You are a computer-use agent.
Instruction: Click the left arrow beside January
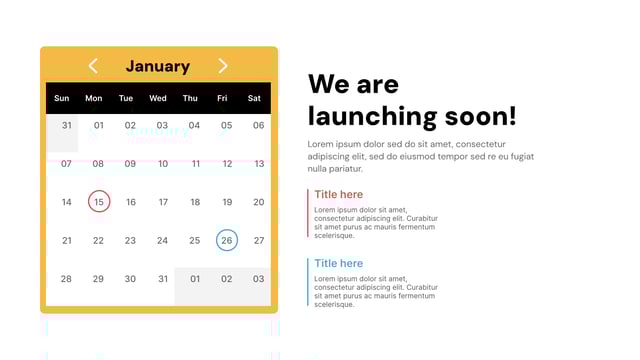tap(93, 66)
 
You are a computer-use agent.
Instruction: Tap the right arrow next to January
tap(223, 66)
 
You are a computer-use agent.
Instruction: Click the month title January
tap(158, 66)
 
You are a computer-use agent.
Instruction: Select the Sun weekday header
tap(62, 98)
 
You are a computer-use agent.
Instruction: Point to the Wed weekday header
tap(158, 98)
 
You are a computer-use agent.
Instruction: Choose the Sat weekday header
tap(254, 98)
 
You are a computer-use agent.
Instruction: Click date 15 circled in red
tap(98, 202)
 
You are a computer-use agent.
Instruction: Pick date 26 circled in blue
tap(227, 240)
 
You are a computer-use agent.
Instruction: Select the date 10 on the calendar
tap(163, 164)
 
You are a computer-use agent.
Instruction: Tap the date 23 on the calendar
tap(130, 240)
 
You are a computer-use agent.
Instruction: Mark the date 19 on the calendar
tap(227, 202)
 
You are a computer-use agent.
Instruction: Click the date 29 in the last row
tap(98, 279)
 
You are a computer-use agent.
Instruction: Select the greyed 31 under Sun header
tap(66, 126)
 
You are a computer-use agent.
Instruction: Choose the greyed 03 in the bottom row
tap(258, 279)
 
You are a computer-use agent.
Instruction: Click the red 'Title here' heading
tap(339, 194)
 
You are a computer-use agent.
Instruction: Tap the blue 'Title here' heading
tap(339, 263)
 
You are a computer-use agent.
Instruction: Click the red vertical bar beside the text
tap(308, 212)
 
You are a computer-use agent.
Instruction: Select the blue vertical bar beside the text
tap(308, 281)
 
